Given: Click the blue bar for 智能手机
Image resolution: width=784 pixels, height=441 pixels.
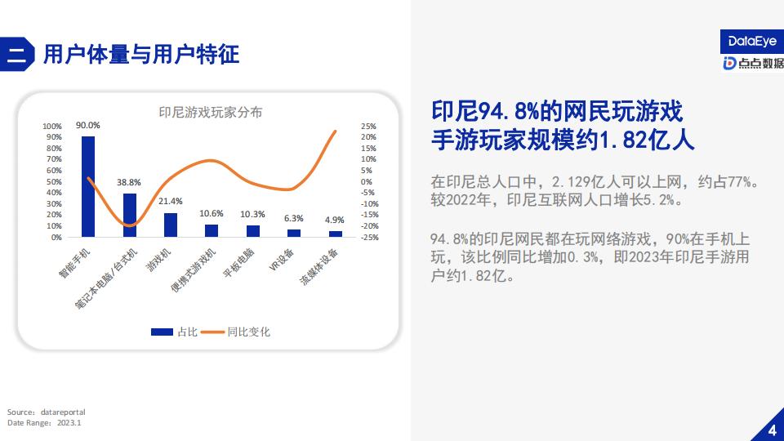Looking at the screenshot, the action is click(88, 186).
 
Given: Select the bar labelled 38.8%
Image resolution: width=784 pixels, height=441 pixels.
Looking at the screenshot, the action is click(130, 215).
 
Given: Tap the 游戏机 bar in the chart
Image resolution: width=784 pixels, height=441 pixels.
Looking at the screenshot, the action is click(171, 225).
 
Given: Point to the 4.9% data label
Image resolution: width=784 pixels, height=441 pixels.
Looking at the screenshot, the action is click(335, 220).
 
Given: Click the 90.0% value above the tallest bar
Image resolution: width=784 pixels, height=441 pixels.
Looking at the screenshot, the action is click(88, 125).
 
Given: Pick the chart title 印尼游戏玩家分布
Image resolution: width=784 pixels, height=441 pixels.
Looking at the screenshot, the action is click(211, 112).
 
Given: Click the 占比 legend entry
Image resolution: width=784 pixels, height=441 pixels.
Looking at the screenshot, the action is click(175, 332).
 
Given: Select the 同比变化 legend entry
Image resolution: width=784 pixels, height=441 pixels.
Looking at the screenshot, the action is click(235, 332).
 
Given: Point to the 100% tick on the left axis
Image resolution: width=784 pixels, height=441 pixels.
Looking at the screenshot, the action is click(52, 127).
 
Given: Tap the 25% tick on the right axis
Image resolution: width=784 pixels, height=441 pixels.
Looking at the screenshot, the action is click(368, 127).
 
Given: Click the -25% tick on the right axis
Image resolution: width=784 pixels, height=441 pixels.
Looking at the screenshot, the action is click(369, 238).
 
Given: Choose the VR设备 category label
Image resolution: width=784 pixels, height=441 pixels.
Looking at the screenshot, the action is click(282, 260).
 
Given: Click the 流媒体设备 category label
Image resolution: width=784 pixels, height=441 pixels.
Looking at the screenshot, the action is click(319, 266).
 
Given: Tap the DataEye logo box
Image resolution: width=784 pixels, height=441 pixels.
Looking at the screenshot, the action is click(752, 42).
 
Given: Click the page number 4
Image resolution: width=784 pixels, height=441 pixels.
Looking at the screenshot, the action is click(773, 430).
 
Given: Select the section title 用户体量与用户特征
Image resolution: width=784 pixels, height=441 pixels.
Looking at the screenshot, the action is click(141, 54).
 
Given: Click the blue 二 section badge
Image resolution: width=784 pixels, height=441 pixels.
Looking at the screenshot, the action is click(17, 54).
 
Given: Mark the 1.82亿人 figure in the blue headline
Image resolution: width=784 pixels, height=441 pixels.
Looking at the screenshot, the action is click(647, 140).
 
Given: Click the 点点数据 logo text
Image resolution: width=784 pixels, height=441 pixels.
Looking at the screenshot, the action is click(761, 63).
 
